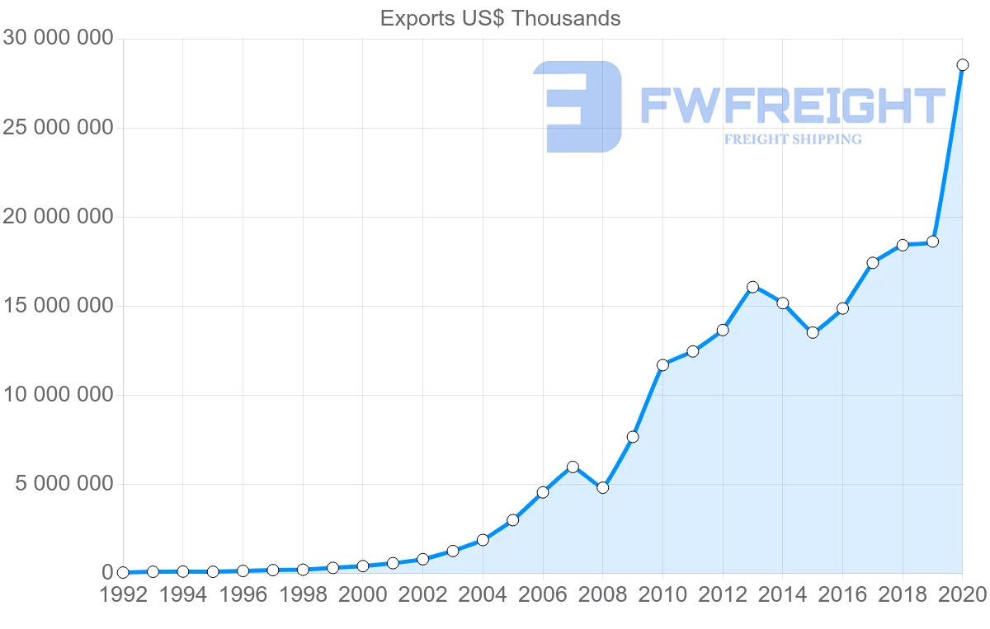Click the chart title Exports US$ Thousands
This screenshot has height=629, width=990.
pos(500,18)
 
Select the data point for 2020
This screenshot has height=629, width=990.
pos(962,64)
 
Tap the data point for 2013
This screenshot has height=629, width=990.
pos(752,287)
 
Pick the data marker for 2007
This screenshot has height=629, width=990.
pos(573,467)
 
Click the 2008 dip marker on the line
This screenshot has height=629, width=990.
pos(602,487)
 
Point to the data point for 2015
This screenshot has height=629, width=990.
pos(813,332)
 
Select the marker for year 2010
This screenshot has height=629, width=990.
pos(662,364)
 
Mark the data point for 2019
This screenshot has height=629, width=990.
pos(932,242)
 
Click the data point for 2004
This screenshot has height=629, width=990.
pos(483,540)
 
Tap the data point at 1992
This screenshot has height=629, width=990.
pos(123,572)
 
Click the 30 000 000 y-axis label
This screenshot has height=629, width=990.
pos(58,39)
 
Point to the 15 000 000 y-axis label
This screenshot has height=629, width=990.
pos(58,306)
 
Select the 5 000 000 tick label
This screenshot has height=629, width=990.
pos(63,484)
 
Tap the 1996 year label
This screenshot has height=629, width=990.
pos(243,594)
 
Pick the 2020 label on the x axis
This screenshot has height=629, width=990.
pos(960,594)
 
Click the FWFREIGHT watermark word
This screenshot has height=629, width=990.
pos(792,106)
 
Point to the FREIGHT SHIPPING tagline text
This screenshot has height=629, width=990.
pos(793,139)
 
